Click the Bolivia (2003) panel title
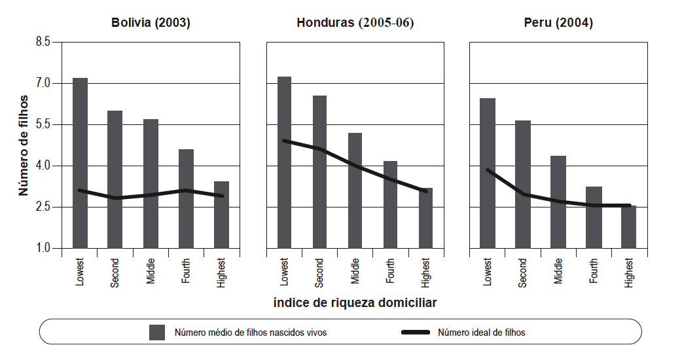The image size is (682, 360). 151,23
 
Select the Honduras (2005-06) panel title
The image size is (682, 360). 355,23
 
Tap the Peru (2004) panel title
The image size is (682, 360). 558,23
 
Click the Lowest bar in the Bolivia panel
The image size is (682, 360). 80,163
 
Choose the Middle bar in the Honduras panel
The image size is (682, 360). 355,190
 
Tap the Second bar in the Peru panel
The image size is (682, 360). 523,184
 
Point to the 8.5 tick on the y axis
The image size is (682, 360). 43,42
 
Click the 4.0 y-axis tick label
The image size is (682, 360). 43,166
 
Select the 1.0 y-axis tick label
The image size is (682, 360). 43,248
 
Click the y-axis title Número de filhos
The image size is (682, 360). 24,145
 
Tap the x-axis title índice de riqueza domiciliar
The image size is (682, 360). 355,303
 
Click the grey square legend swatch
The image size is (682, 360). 157,332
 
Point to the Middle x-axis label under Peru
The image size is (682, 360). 558,270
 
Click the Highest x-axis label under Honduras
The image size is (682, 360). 425,272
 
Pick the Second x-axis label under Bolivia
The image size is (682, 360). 115,272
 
